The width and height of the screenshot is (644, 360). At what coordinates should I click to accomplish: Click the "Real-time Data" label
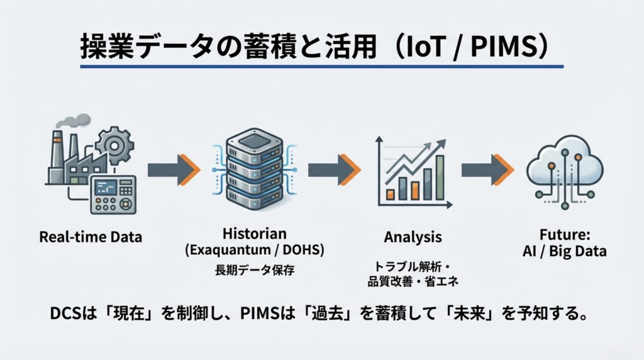point(91,237)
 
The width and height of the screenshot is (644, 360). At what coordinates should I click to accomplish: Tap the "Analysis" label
point(413,237)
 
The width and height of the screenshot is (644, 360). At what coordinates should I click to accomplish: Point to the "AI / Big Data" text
point(565,251)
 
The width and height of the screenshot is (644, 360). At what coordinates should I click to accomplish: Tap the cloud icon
point(564,168)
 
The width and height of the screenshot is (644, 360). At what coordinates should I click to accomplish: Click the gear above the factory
point(115,145)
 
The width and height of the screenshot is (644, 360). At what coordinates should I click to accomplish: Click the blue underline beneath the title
point(321,66)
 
